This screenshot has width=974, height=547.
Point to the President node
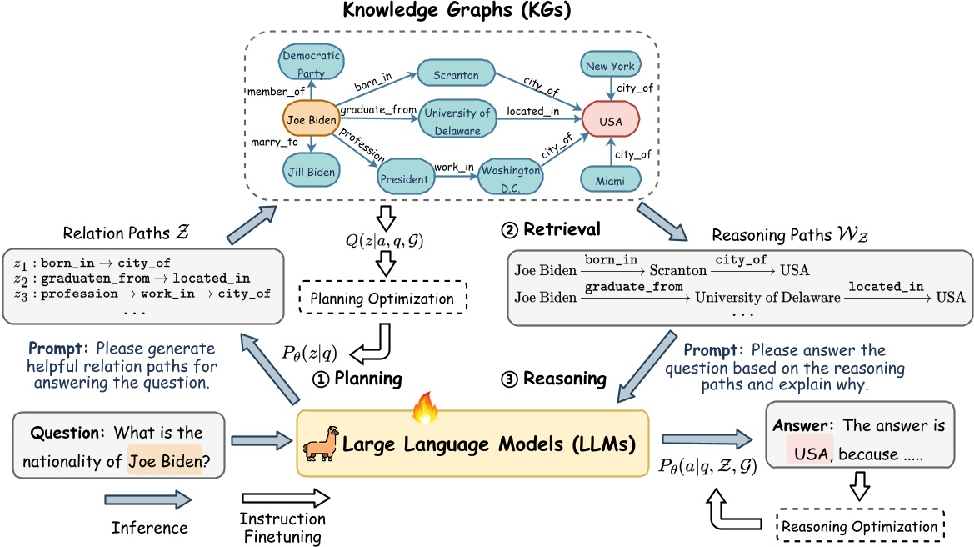(403, 178)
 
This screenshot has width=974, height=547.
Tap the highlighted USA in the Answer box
(812, 455)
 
